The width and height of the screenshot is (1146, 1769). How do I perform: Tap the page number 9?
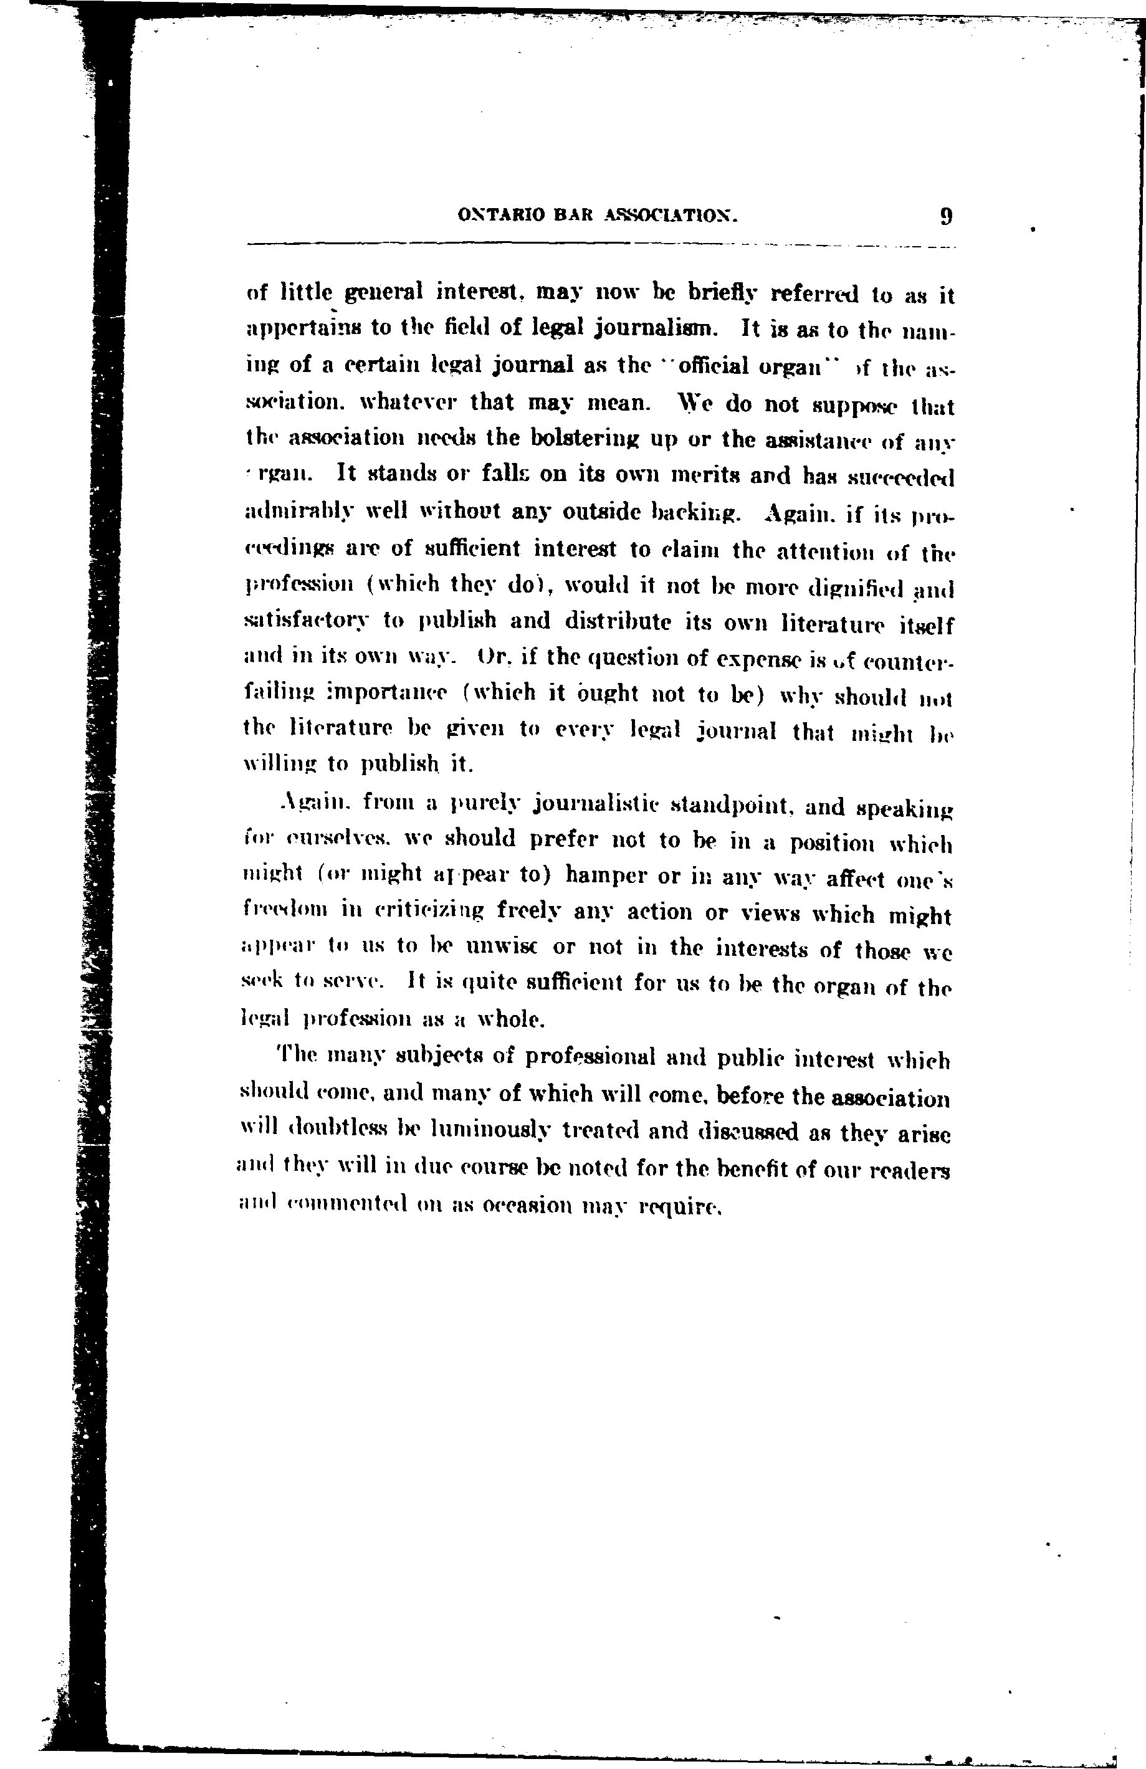click(x=946, y=217)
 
